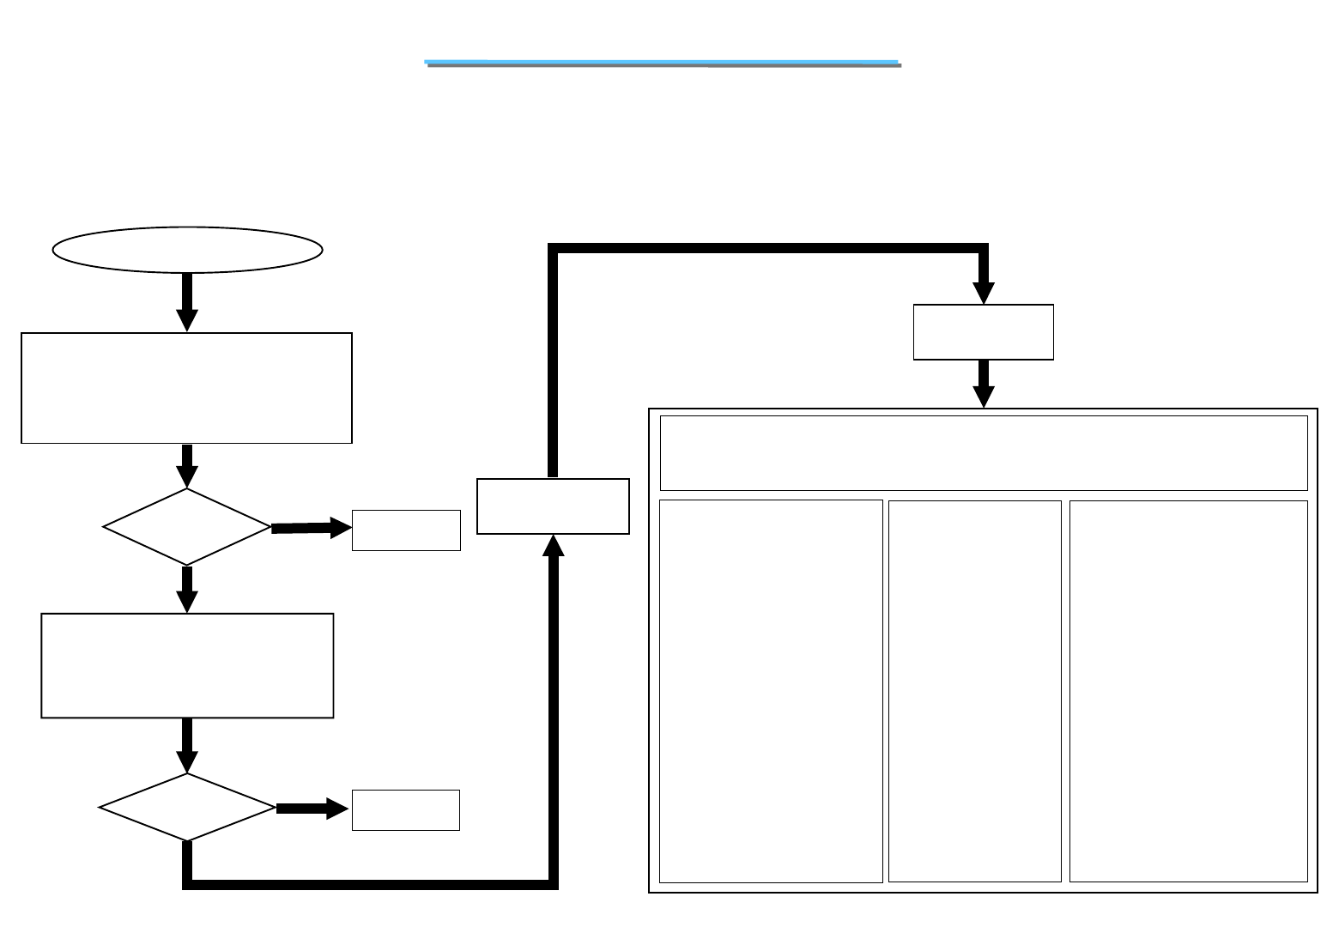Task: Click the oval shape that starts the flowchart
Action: coord(187,250)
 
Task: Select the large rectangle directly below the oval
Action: coord(186,388)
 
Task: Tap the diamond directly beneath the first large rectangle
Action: coord(187,527)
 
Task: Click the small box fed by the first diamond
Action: coord(406,530)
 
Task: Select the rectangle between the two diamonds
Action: coord(187,665)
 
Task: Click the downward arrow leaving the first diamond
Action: coord(187,589)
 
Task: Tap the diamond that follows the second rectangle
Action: coord(187,807)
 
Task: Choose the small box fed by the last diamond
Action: coord(405,810)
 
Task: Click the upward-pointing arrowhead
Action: coord(554,546)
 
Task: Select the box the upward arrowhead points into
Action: coord(553,506)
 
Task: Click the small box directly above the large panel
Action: coord(983,331)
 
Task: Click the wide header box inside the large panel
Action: coord(983,453)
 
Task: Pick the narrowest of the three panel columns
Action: coord(974,691)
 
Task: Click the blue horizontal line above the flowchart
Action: coord(663,63)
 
